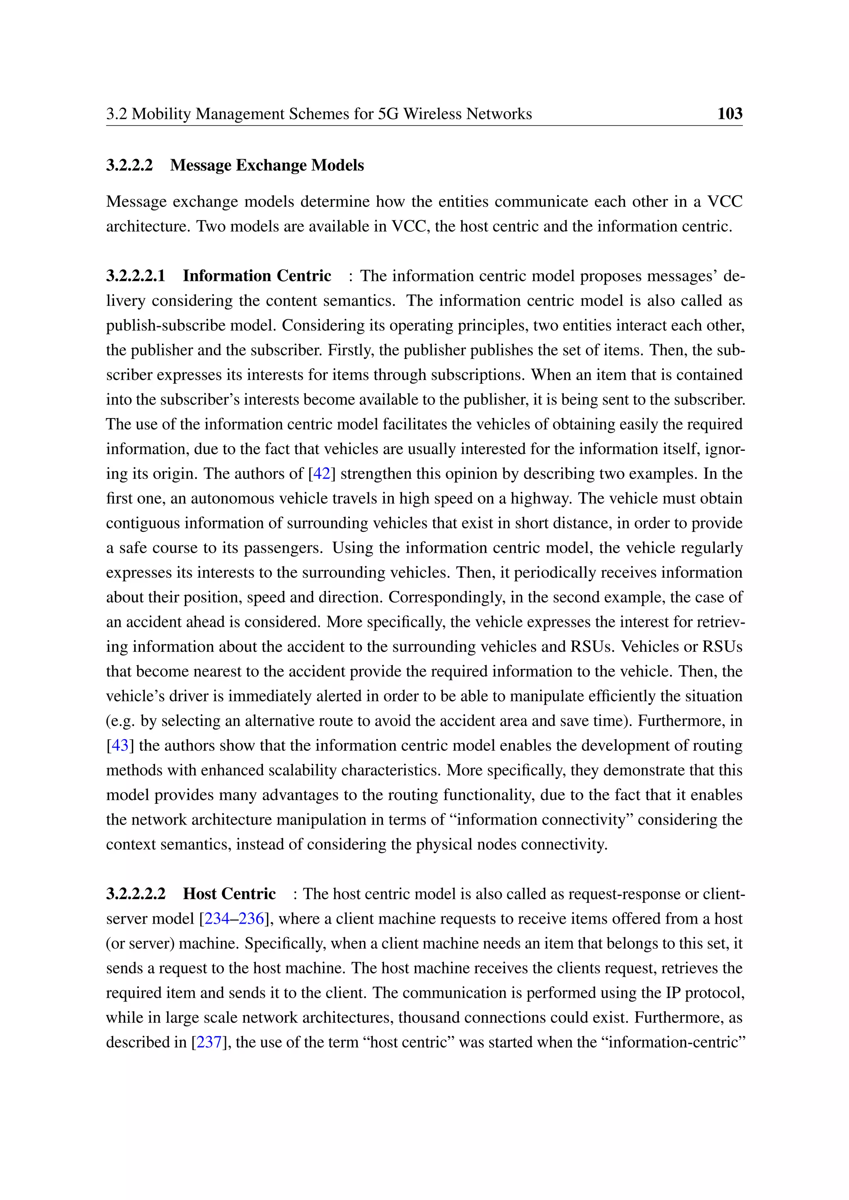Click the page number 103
(x=729, y=114)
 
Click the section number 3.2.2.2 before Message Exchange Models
(x=129, y=165)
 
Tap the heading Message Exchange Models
(x=267, y=165)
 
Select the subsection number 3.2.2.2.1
(x=136, y=276)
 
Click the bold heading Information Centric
(x=257, y=276)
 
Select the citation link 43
(x=120, y=745)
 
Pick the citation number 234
(x=216, y=919)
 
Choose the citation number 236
(x=252, y=919)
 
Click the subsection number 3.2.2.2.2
(x=136, y=894)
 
